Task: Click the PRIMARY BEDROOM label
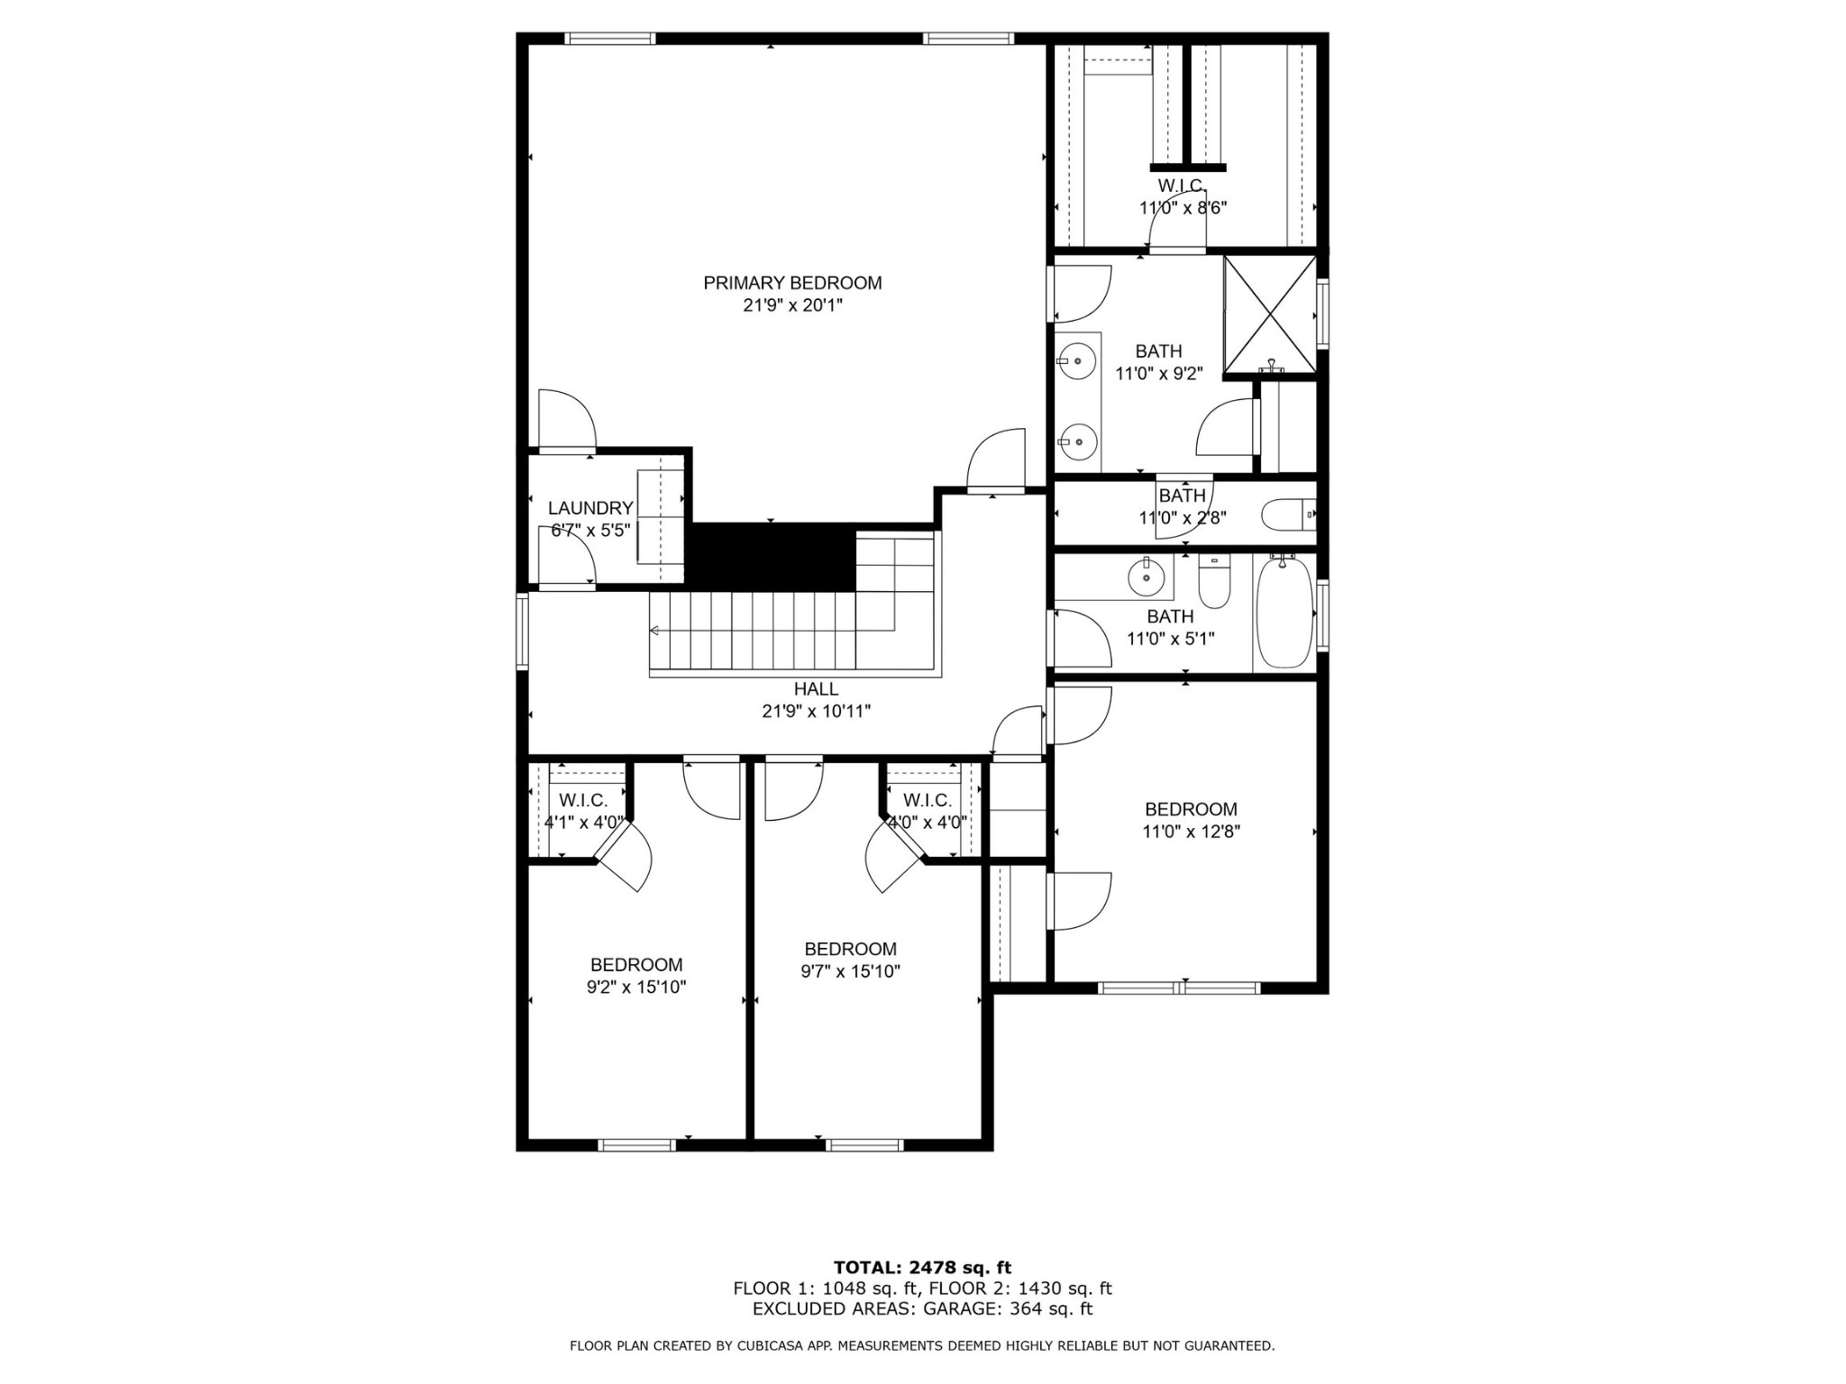click(x=792, y=283)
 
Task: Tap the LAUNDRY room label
click(x=590, y=508)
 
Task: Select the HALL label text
click(x=816, y=689)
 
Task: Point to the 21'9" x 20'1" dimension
click(x=792, y=305)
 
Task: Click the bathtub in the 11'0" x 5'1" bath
click(x=1284, y=613)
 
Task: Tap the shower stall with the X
click(x=1269, y=314)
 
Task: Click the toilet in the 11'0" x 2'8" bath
click(x=1289, y=515)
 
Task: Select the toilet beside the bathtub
click(x=1214, y=583)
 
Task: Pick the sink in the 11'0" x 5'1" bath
click(x=1147, y=576)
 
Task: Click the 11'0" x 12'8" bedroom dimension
click(x=1191, y=832)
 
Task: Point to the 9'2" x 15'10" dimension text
click(x=636, y=987)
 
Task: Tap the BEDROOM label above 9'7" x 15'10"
click(x=850, y=949)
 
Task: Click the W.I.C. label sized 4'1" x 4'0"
click(x=583, y=800)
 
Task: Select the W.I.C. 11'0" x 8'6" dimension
click(x=1183, y=207)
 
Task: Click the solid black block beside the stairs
click(x=771, y=558)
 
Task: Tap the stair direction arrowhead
click(x=654, y=630)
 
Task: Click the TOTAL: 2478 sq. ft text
click(x=922, y=1269)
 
